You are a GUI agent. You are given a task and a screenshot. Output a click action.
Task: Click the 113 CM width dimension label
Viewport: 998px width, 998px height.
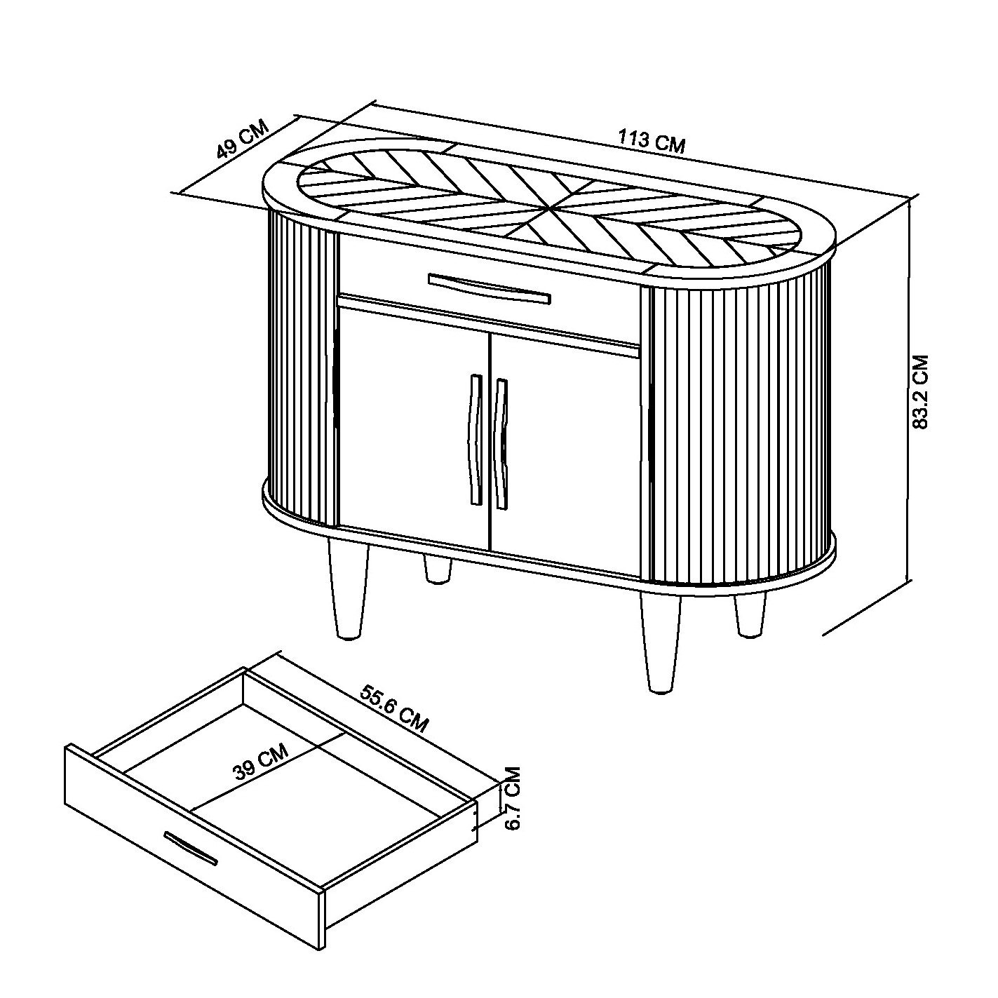(651, 142)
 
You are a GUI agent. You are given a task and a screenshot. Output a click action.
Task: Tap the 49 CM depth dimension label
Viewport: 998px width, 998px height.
(243, 140)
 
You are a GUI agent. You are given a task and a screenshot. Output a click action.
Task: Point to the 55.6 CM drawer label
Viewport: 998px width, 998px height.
(394, 708)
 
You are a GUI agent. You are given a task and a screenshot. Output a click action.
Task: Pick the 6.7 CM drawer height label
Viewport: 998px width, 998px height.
(512, 805)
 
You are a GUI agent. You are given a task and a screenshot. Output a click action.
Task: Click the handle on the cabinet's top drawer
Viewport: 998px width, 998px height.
(490, 288)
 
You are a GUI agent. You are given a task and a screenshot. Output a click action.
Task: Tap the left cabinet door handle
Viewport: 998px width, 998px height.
(474, 440)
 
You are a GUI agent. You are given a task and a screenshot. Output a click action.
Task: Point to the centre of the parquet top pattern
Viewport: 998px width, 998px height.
(550, 210)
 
